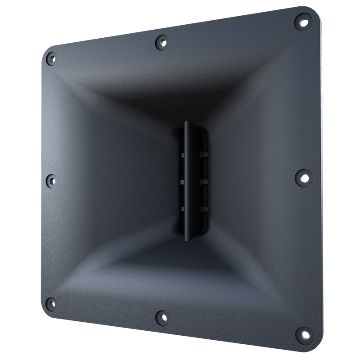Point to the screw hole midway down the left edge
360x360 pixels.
pos(52,181)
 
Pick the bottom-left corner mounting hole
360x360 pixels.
pos(52,301)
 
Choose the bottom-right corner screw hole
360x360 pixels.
pos(302,335)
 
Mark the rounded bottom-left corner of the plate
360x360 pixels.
pos(45,310)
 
